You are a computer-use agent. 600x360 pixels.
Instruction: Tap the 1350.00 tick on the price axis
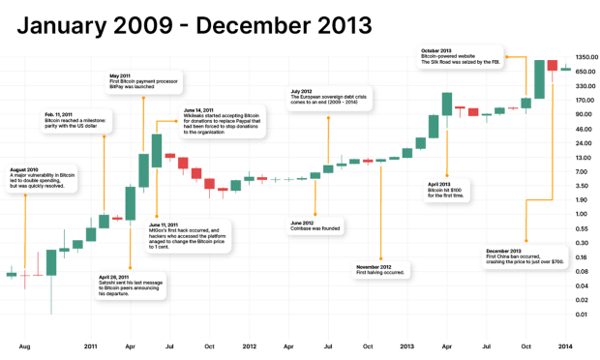click(x=583, y=57)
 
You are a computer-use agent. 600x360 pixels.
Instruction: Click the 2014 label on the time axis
click(x=567, y=345)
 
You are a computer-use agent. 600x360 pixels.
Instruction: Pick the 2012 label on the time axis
click(x=249, y=345)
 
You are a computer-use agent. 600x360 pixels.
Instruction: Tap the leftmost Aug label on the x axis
click(x=25, y=345)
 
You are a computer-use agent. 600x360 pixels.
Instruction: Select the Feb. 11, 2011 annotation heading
click(x=64, y=115)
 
